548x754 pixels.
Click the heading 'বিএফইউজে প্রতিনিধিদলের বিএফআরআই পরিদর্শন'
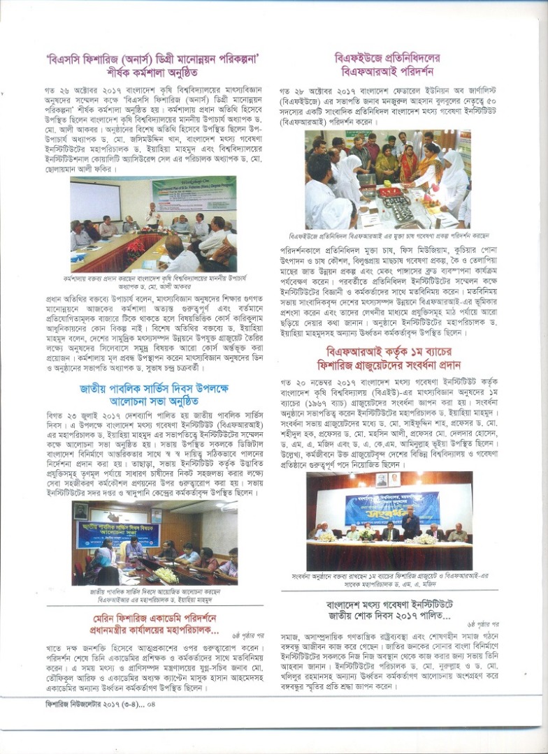point(395,65)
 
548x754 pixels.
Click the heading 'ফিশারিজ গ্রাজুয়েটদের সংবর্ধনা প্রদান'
point(395,364)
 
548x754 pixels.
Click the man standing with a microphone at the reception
point(410,520)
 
